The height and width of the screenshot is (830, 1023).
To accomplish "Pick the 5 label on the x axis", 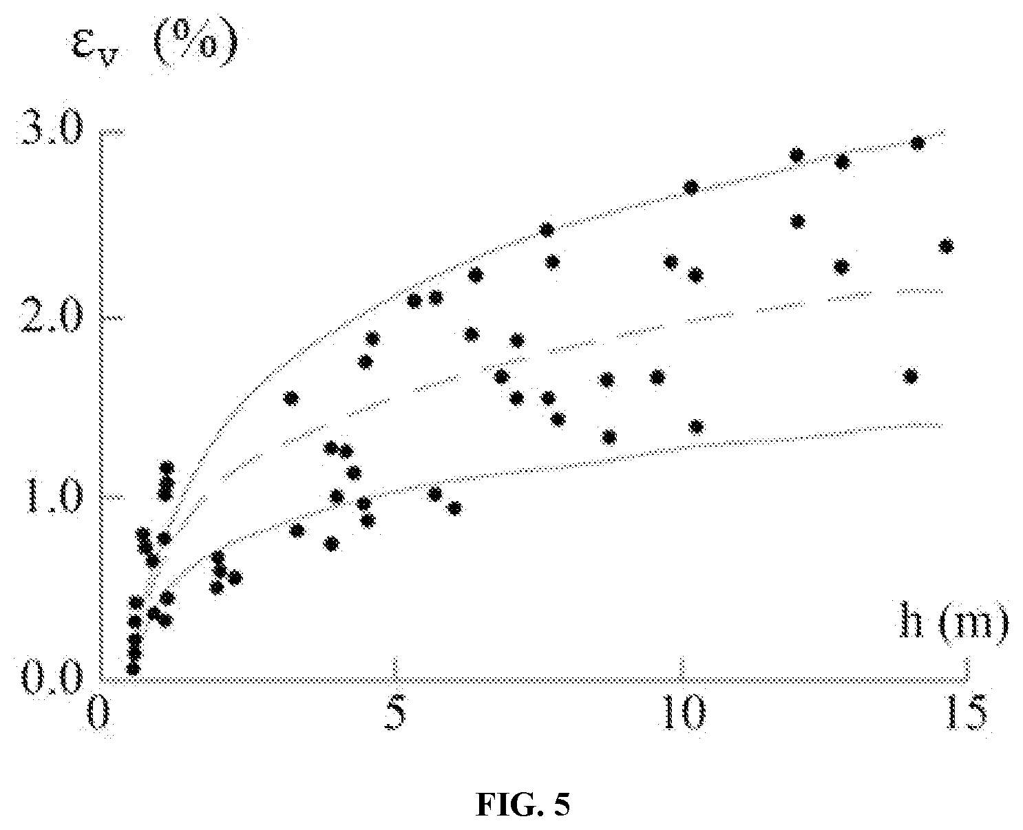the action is pyautogui.click(x=395, y=712).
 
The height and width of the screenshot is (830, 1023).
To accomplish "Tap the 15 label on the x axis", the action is pyautogui.click(x=966, y=712).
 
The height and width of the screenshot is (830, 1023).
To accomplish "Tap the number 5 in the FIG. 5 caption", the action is pyautogui.click(x=562, y=805).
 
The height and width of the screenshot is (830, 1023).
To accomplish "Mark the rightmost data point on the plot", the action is pyautogui.click(x=946, y=246).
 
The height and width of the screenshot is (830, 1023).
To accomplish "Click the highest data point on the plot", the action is pyautogui.click(x=918, y=143).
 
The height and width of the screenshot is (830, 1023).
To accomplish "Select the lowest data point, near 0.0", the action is pyautogui.click(x=133, y=668).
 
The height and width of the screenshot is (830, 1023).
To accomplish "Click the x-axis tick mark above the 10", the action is pyautogui.click(x=680, y=669).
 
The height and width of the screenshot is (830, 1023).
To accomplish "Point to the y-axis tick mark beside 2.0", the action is pyautogui.click(x=114, y=317).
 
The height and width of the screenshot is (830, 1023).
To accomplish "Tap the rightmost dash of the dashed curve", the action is pyautogui.click(x=920, y=290).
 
